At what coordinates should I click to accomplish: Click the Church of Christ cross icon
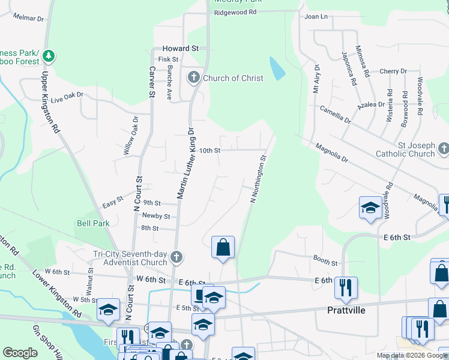pos(194,77)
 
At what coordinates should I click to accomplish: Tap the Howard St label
pos(180,48)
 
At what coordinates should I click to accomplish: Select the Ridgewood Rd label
pos(235,12)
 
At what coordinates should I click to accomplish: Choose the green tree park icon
pos(48,57)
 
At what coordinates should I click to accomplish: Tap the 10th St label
pos(210,151)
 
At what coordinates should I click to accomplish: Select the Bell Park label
pos(92,223)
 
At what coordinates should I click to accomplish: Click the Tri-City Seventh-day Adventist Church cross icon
pos(176,257)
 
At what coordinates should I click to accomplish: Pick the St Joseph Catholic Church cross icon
pos(443,148)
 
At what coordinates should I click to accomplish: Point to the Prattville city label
pos(347,310)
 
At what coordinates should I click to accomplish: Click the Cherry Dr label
pos(393,71)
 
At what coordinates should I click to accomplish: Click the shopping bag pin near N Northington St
pos(223,247)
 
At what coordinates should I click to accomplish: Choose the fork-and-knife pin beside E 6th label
pos(346,287)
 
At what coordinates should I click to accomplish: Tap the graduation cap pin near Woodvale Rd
pos(370,208)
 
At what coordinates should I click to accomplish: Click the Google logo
pos(20,353)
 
